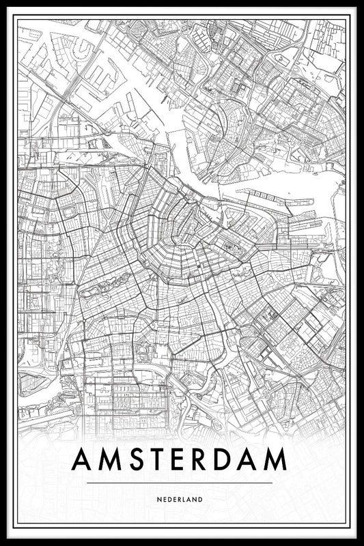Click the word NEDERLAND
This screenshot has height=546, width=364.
(182, 500)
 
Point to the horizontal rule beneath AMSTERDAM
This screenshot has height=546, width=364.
(182, 483)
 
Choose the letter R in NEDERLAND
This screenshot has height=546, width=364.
(184, 500)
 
